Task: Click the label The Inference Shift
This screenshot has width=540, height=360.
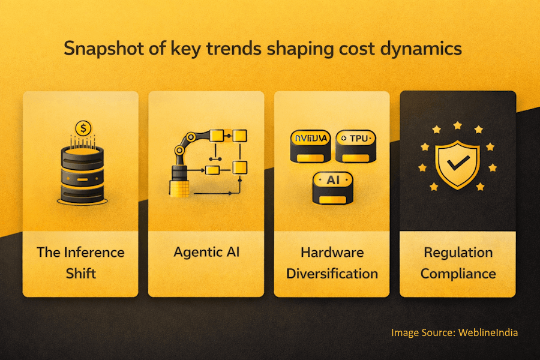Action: [x=80, y=262]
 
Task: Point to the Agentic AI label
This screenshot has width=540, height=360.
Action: [x=206, y=251]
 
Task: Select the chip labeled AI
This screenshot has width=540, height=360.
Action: [x=332, y=187]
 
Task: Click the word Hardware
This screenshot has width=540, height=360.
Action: [x=332, y=252]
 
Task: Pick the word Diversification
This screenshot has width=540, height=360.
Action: [x=332, y=274]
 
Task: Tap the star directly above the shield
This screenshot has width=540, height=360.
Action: [x=458, y=125]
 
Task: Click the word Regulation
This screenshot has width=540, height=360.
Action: [x=458, y=252]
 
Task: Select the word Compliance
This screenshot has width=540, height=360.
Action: [x=458, y=274]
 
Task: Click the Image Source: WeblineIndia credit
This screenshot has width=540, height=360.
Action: [x=454, y=332]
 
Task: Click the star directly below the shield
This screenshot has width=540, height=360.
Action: [x=458, y=194]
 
